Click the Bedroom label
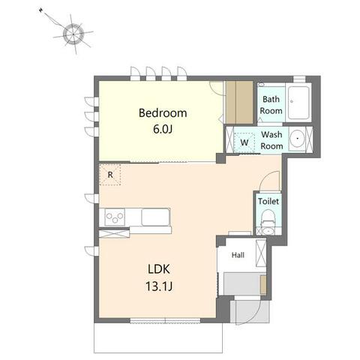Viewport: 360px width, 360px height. point(163,113)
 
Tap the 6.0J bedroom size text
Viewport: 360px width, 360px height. point(163,129)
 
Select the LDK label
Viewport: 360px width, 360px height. point(159,269)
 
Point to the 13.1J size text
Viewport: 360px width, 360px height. point(159,286)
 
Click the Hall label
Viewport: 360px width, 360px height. point(238,255)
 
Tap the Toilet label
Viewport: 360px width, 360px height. point(268,201)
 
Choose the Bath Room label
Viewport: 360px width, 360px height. point(271,105)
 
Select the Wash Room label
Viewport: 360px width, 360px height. point(271,140)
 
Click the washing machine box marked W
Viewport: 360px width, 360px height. point(244,142)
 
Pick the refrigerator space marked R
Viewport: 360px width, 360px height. point(110,175)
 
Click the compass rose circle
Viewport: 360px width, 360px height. point(73,34)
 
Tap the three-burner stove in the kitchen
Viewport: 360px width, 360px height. point(115,217)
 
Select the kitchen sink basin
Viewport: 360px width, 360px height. point(155,217)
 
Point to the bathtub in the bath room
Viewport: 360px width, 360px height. point(298,103)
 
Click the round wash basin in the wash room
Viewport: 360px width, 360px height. point(297,138)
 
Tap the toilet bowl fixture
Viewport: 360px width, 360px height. point(268,218)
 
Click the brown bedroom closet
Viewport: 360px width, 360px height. point(239,102)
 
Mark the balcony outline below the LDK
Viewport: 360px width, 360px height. point(158,338)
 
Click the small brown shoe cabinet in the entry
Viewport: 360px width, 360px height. point(263,284)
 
